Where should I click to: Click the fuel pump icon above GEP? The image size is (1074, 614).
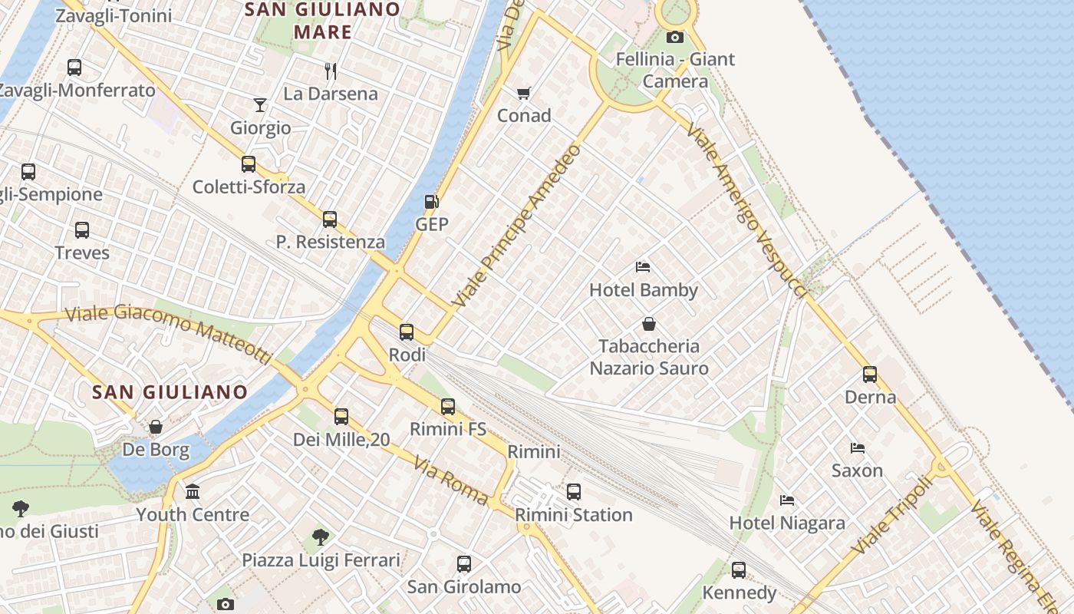(x=431, y=202)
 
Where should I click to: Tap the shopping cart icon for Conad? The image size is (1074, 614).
(x=524, y=93)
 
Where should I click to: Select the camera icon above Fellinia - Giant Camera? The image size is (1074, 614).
(x=675, y=37)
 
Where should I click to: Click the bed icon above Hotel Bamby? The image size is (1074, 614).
(x=644, y=267)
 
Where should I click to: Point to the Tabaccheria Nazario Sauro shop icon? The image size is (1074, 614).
(x=649, y=324)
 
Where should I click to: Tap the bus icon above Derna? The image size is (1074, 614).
(x=870, y=375)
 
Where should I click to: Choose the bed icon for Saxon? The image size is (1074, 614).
(x=858, y=448)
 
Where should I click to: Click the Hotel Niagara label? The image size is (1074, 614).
(x=787, y=523)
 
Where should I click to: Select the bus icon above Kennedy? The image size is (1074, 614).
(x=739, y=569)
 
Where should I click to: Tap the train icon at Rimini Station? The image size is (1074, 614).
(x=574, y=492)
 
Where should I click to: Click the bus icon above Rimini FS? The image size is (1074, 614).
(x=448, y=407)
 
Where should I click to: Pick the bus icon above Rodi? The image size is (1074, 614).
(x=407, y=332)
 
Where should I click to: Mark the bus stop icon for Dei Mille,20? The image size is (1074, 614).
(x=341, y=417)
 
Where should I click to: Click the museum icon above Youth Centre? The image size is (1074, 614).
(x=193, y=491)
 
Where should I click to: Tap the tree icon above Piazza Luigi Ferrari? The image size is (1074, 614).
(x=321, y=536)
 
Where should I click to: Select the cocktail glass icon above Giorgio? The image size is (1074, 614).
(x=260, y=104)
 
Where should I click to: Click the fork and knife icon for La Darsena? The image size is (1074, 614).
(x=331, y=71)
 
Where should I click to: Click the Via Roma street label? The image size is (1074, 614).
(x=451, y=480)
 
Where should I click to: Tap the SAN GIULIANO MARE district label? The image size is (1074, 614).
(x=322, y=21)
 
